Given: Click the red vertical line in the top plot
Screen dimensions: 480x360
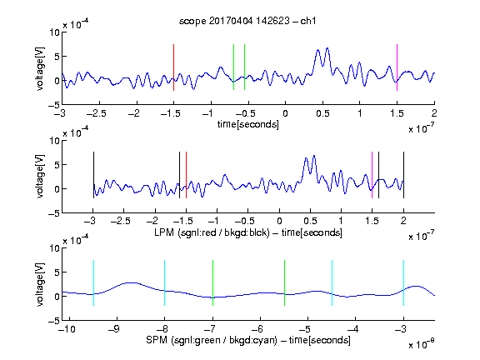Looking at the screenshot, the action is [173, 67].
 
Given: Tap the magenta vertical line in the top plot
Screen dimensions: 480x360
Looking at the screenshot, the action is [397, 67].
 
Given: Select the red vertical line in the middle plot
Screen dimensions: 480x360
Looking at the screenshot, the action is [186, 175].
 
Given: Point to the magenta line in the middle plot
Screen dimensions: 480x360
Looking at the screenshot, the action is [372, 175].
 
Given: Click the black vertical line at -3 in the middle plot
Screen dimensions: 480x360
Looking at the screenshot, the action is [93, 175].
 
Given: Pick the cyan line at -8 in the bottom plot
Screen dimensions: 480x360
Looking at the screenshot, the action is [164, 282].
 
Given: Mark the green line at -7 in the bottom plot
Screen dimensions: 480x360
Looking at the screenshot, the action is [212, 282].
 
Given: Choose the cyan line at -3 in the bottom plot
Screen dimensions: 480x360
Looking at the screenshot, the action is [403, 282].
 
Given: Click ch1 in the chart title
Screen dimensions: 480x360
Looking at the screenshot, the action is [308, 21].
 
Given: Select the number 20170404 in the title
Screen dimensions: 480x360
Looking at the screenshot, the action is [231, 21].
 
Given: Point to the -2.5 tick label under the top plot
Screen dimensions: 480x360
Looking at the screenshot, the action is [96, 113].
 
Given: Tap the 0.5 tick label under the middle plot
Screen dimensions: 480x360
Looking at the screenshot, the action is [310, 221].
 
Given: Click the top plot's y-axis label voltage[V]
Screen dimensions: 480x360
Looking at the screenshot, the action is [40, 68].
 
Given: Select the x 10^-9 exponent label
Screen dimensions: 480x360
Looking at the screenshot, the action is [421, 344].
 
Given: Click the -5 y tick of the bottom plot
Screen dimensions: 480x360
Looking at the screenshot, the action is [54, 321].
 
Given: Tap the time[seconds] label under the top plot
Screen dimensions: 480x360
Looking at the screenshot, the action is [248, 124].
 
